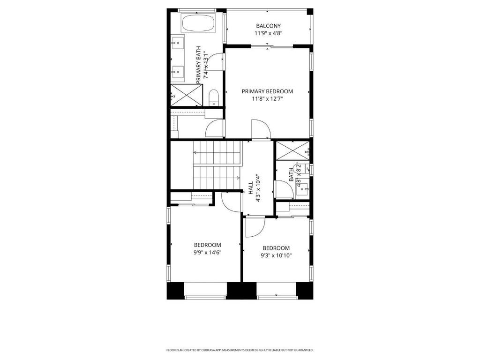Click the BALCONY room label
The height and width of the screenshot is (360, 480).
(x=268, y=26)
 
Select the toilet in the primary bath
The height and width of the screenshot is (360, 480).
(x=213, y=97)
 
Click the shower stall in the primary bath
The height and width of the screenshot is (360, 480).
(x=187, y=95)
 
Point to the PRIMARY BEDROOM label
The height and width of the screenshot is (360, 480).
(x=267, y=91)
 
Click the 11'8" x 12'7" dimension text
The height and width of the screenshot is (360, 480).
(x=267, y=99)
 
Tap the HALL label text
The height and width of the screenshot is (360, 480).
(x=251, y=187)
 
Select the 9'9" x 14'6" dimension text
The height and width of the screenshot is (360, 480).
(x=208, y=253)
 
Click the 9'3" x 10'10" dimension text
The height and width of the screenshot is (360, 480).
(x=276, y=255)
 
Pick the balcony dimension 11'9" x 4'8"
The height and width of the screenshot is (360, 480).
(x=268, y=33)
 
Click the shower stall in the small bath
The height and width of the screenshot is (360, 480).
(x=292, y=150)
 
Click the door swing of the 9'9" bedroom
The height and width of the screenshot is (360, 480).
(x=231, y=202)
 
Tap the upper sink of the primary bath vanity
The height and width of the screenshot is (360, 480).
(x=177, y=43)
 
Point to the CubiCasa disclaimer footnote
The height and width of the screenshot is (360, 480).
(x=240, y=350)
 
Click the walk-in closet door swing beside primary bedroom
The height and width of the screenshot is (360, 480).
(x=215, y=128)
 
